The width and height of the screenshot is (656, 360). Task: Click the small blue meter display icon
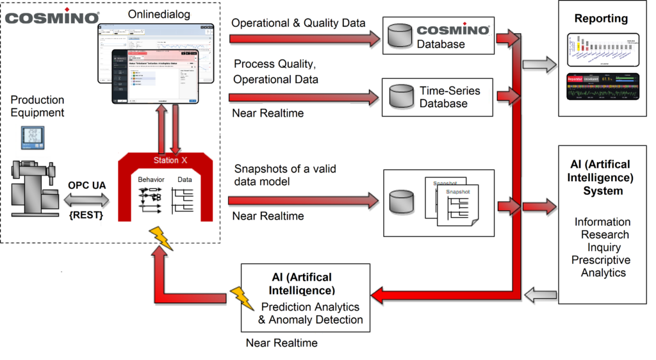[x=32, y=137]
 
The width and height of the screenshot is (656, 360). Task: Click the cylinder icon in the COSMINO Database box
[x=398, y=37]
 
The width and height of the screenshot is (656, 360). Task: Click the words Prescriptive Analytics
[x=601, y=266]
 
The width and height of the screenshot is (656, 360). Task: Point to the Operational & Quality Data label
[x=298, y=22]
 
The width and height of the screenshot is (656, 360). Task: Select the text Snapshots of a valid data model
[x=285, y=176]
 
